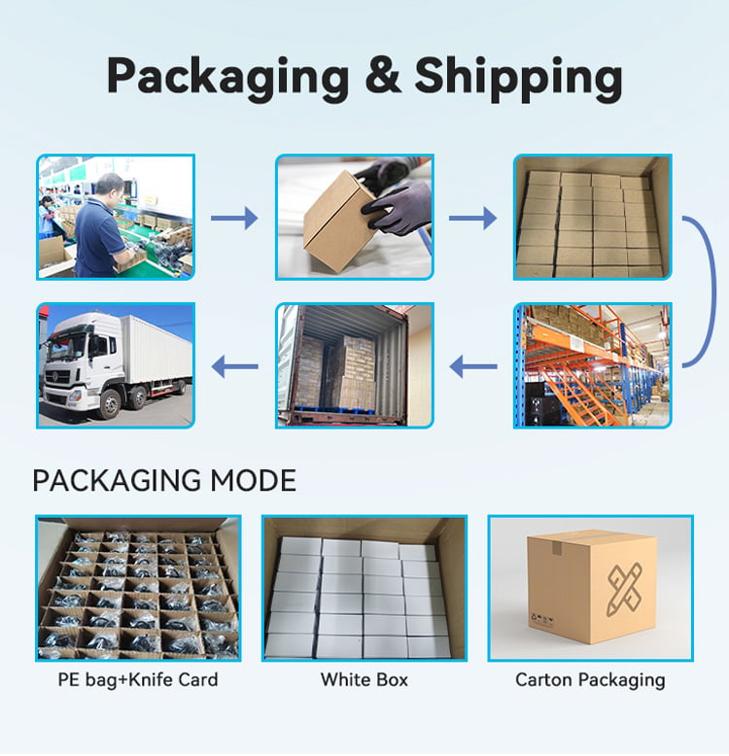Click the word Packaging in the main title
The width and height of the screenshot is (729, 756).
[x=227, y=78]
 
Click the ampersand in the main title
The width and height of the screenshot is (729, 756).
[x=383, y=75]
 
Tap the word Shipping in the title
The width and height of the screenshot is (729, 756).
[x=519, y=78]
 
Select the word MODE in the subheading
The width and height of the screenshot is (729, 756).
[x=253, y=480]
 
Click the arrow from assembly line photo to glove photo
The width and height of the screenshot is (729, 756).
[x=234, y=218]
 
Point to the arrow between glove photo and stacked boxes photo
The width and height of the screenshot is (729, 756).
[x=473, y=218]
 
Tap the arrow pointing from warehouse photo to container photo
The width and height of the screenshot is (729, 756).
[x=473, y=366]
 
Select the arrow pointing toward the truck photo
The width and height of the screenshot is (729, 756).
[x=234, y=366]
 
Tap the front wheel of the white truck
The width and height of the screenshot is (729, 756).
[x=111, y=404]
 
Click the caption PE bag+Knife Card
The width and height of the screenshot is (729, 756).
[x=138, y=679]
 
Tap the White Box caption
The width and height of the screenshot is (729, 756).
[x=364, y=679]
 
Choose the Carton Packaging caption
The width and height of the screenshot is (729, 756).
[x=590, y=680]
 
